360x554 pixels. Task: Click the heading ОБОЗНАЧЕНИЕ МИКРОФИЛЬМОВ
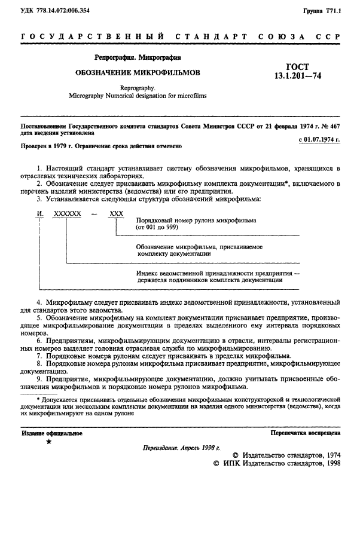[x=138, y=72]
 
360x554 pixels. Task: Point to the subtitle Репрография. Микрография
[x=138, y=58]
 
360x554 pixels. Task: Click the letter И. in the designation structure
[x=40, y=213]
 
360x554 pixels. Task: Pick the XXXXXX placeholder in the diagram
[x=67, y=213]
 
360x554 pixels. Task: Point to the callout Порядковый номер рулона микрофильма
[x=196, y=221]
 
